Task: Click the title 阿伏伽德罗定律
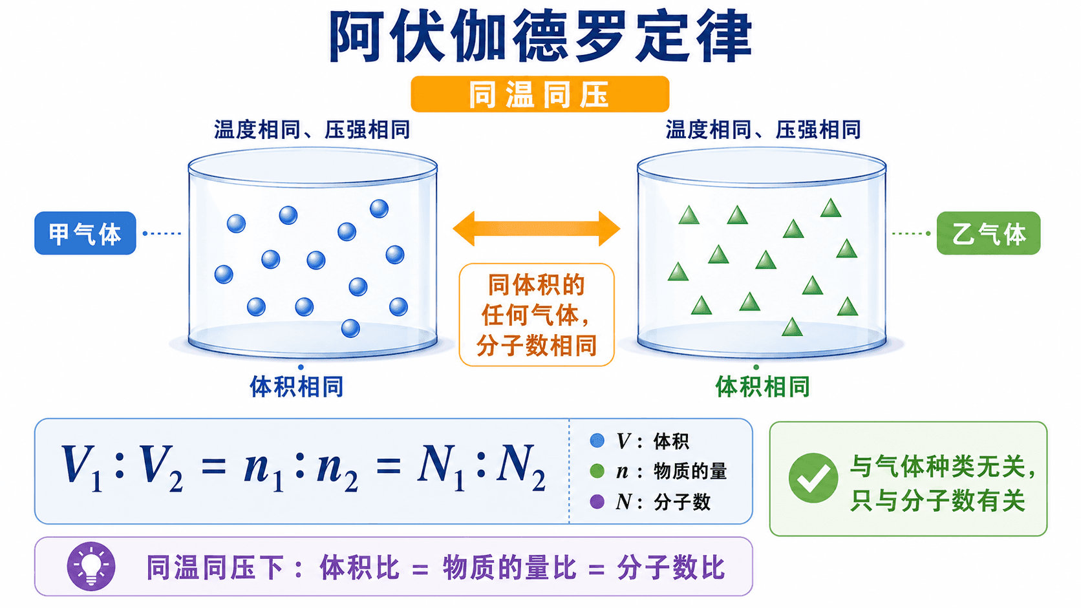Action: (x=540, y=36)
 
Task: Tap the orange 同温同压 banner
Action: (x=540, y=94)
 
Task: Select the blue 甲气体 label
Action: (x=85, y=233)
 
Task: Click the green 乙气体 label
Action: (x=989, y=233)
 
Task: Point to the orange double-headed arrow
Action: (x=536, y=229)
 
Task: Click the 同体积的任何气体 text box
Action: (x=536, y=315)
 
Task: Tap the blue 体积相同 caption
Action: (x=296, y=386)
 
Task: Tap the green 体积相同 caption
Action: (x=762, y=386)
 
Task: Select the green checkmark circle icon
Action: (x=813, y=478)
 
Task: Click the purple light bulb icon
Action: (x=91, y=566)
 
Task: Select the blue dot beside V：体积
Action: (x=597, y=441)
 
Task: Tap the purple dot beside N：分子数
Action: (x=597, y=502)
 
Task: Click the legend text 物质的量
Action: (x=690, y=471)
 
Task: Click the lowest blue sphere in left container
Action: (x=350, y=328)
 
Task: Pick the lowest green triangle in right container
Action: (x=792, y=327)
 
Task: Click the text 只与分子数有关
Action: (x=937, y=501)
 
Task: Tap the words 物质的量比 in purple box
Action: (x=509, y=567)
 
